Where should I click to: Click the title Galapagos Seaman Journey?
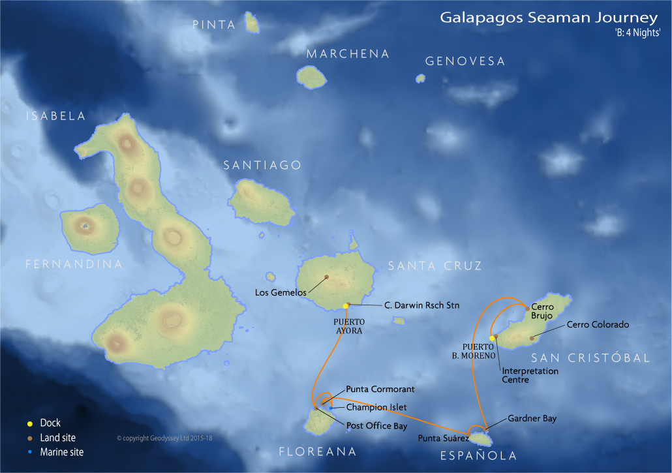pyautogui.click(x=549, y=18)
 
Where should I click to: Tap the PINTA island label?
pyautogui.click(x=214, y=25)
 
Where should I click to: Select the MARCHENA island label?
pyautogui.click(x=348, y=54)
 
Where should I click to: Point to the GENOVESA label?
pyautogui.click(x=465, y=61)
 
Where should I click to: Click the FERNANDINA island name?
pyautogui.click(x=74, y=264)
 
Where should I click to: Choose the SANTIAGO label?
pyautogui.click(x=262, y=166)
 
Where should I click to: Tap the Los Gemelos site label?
pyautogui.click(x=281, y=292)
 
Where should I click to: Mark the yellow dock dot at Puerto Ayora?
pyautogui.click(x=346, y=306)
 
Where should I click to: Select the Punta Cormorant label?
pyautogui.click(x=380, y=389)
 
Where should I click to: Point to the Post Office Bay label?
pyautogui.click(x=377, y=426)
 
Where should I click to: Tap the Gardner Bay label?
pyautogui.click(x=532, y=418)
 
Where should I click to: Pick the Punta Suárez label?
pyautogui.click(x=444, y=438)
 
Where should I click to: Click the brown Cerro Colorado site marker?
pyautogui.click(x=532, y=337)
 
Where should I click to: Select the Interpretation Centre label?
pyautogui.click(x=530, y=375)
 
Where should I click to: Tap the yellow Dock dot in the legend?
pyautogui.click(x=30, y=423)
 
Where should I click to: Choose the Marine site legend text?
pyautogui.click(x=61, y=452)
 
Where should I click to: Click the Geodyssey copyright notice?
pyautogui.click(x=164, y=438)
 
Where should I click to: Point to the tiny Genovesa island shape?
pyautogui.click(x=420, y=78)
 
